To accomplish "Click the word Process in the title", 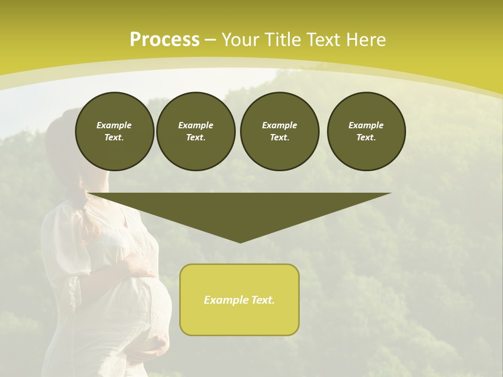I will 165,40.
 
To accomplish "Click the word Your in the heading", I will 240,40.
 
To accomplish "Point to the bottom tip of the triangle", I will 240,241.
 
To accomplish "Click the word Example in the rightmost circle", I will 366,125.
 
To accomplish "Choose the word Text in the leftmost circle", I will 114,138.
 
